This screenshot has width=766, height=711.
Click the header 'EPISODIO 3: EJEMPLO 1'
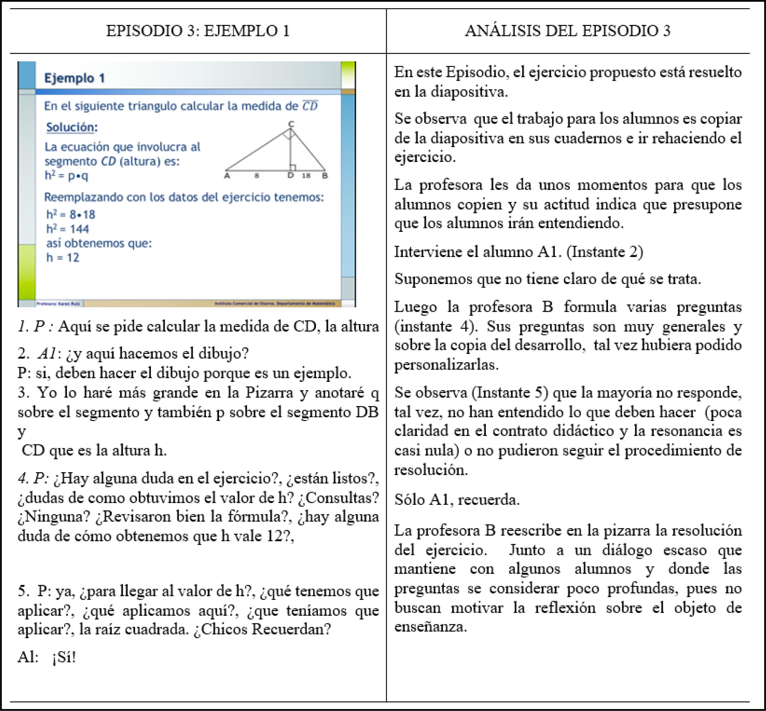[x=198, y=31]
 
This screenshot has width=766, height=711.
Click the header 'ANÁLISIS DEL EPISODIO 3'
[x=568, y=31]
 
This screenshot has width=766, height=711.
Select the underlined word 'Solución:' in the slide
[x=72, y=127]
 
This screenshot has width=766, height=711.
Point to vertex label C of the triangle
[x=291, y=123]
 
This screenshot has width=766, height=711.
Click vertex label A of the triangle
[x=227, y=176]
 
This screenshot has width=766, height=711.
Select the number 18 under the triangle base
[x=306, y=176]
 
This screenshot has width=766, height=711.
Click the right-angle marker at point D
[x=293, y=167]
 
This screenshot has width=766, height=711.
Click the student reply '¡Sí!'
[x=64, y=657]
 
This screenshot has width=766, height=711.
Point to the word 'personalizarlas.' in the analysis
[x=447, y=364]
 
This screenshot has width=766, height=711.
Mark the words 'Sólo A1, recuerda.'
[x=457, y=499]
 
